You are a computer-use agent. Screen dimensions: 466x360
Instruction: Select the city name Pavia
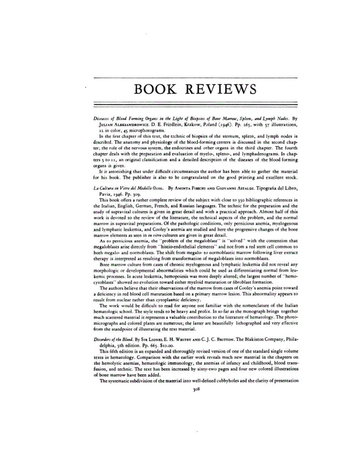coord(102,204)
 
